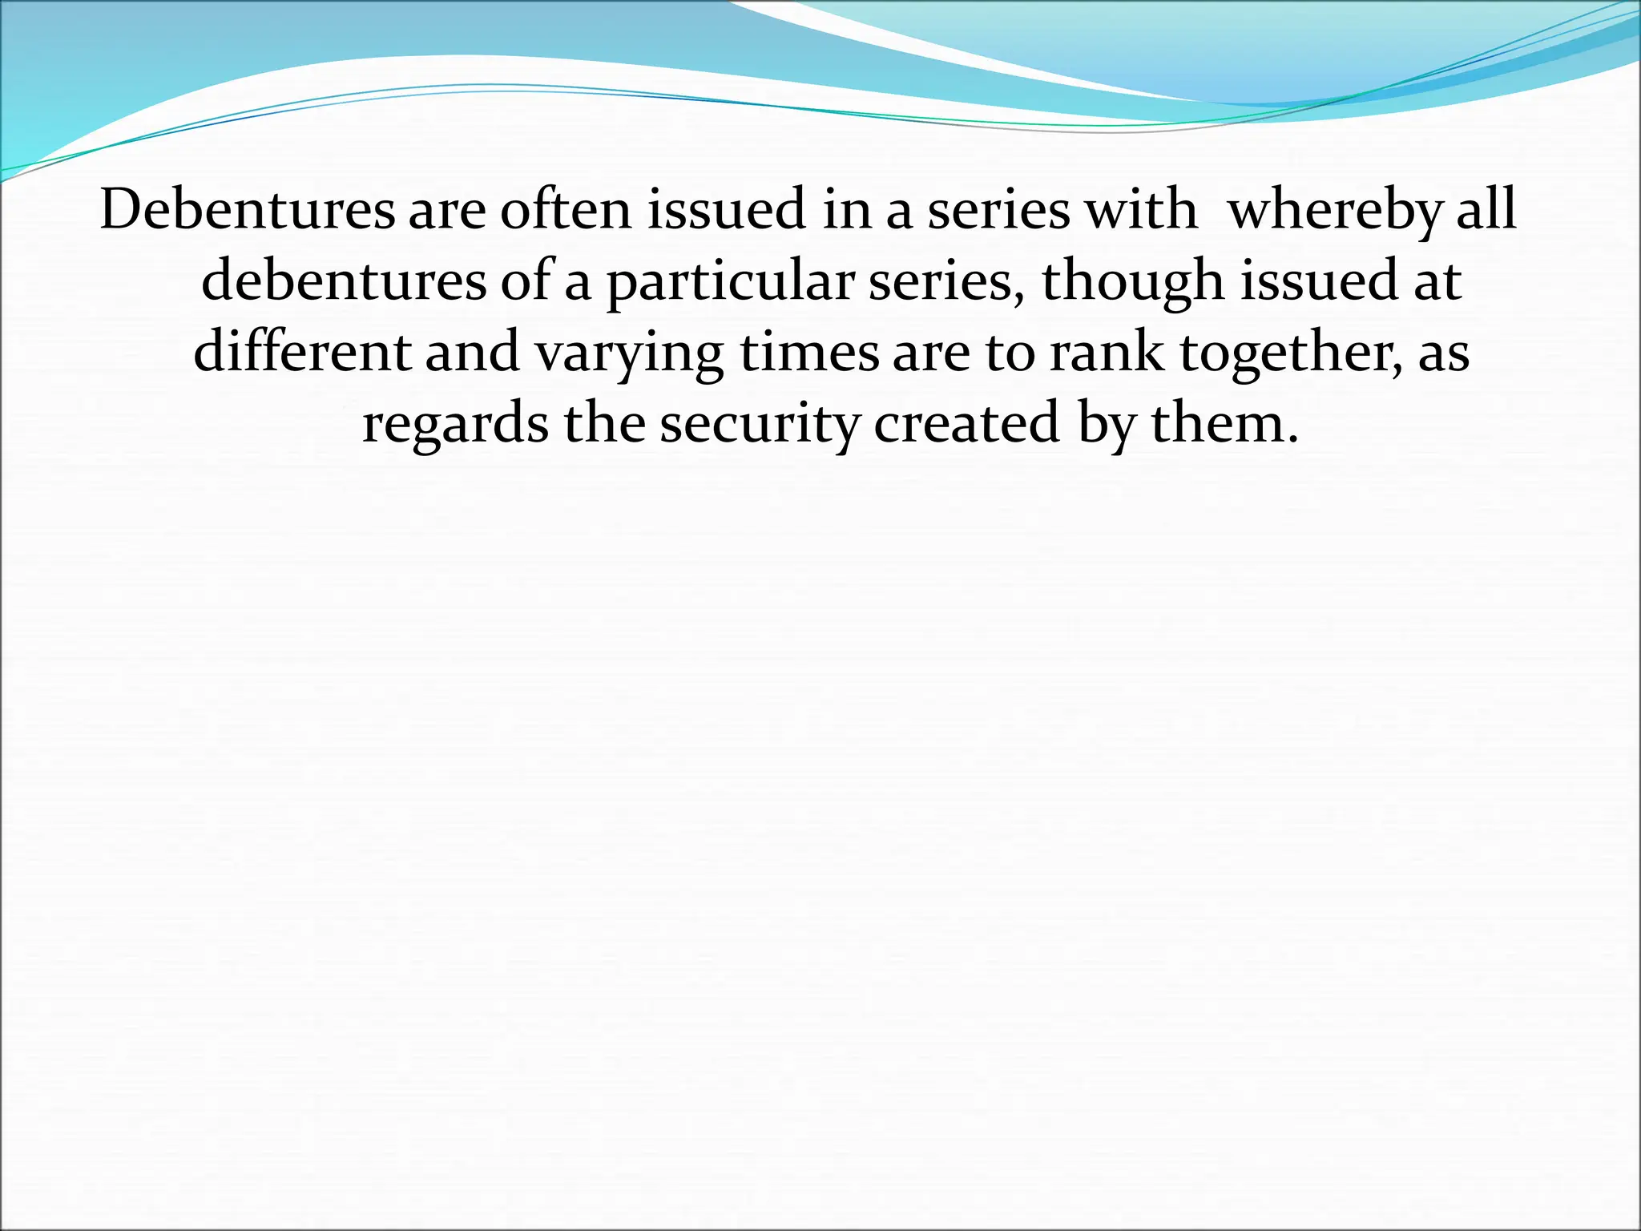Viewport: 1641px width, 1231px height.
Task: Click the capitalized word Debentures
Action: [x=248, y=210]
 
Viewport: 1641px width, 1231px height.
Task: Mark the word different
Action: [x=302, y=353]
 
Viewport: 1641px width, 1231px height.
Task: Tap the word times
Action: [x=809, y=353]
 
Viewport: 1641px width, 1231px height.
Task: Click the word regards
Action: [x=455, y=425]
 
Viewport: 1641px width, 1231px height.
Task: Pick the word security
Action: [x=759, y=425]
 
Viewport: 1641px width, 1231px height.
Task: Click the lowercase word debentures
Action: [x=344, y=282]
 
